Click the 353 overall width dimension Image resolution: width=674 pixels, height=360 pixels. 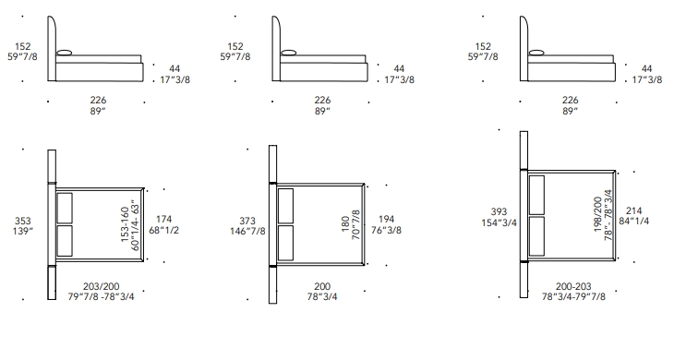(23, 221)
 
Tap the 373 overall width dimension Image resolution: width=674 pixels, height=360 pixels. (247, 221)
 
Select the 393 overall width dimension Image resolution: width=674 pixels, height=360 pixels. (499, 211)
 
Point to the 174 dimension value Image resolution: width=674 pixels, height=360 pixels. (163, 220)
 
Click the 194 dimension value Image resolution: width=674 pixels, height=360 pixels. (387, 220)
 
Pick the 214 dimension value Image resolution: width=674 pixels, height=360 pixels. (634, 211)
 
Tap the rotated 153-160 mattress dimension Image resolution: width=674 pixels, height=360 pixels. (125, 224)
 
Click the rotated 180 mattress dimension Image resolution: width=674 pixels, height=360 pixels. (346, 224)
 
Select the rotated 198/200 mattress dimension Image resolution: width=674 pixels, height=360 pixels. (598, 214)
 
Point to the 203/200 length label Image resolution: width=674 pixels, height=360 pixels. (102, 286)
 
